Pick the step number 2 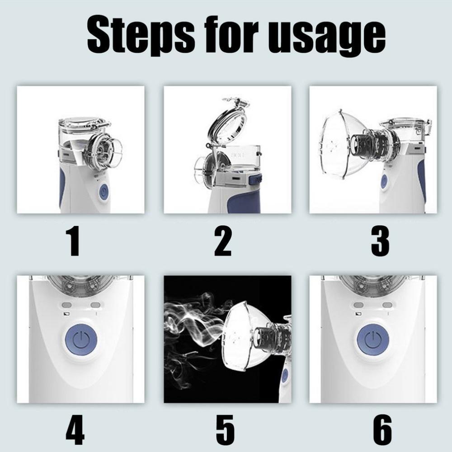pyautogui.click(x=222, y=241)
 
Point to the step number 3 pyautogui.click(x=380, y=241)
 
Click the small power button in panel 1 pyautogui.click(x=104, y=192)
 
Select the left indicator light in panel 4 pyautogui.click(x=67, y=305)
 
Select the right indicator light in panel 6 pyautogui.click(x=387, y=305)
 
